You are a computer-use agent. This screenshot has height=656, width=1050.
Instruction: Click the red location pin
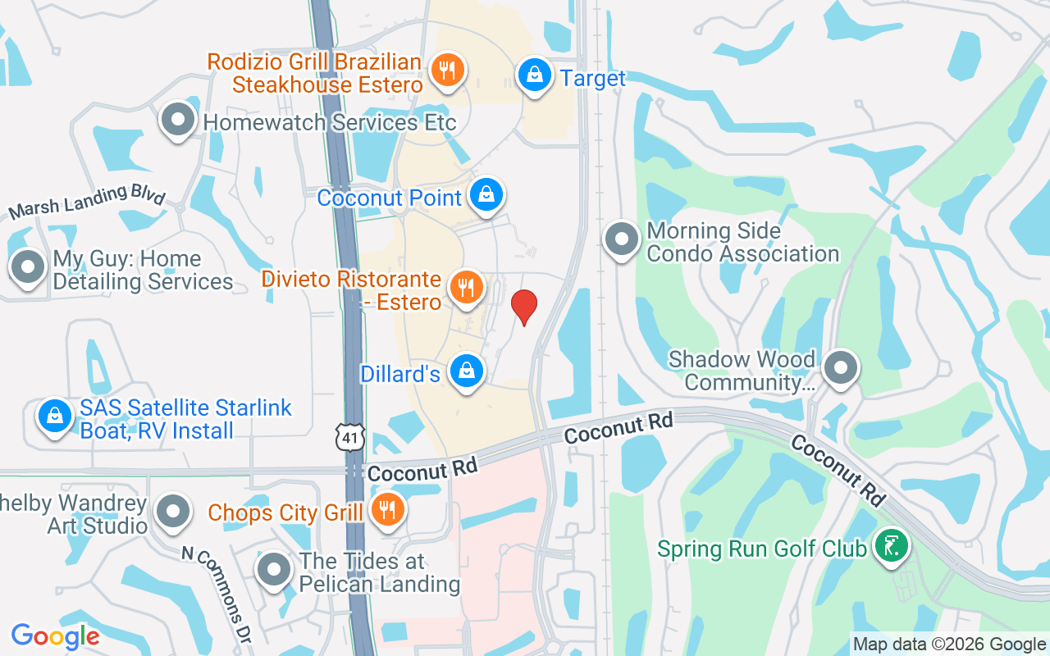524,307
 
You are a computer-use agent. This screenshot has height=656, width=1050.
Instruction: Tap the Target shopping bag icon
535,75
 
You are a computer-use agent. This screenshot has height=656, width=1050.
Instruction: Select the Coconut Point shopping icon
486,195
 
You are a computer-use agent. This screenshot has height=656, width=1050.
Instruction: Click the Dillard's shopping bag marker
467,371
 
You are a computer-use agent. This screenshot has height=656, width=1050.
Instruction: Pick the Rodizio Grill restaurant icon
447,70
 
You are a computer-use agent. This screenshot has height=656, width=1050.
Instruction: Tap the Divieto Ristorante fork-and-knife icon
467,288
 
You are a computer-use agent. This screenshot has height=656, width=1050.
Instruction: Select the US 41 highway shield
350,437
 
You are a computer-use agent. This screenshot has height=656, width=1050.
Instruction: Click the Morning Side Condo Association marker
621,239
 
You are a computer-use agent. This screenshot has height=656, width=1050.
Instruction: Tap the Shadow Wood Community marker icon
840,368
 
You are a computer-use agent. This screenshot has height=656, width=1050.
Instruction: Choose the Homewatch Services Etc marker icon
178,121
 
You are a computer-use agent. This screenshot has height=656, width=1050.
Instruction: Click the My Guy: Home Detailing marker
30,267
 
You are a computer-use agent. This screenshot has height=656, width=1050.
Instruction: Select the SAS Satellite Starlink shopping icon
55,417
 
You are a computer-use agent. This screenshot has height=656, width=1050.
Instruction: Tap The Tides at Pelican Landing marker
273,570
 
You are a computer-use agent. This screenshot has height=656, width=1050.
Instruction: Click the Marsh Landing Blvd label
86,202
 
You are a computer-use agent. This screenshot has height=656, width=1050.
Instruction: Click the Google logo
56,636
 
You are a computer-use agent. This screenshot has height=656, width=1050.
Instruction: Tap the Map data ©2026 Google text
949,645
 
